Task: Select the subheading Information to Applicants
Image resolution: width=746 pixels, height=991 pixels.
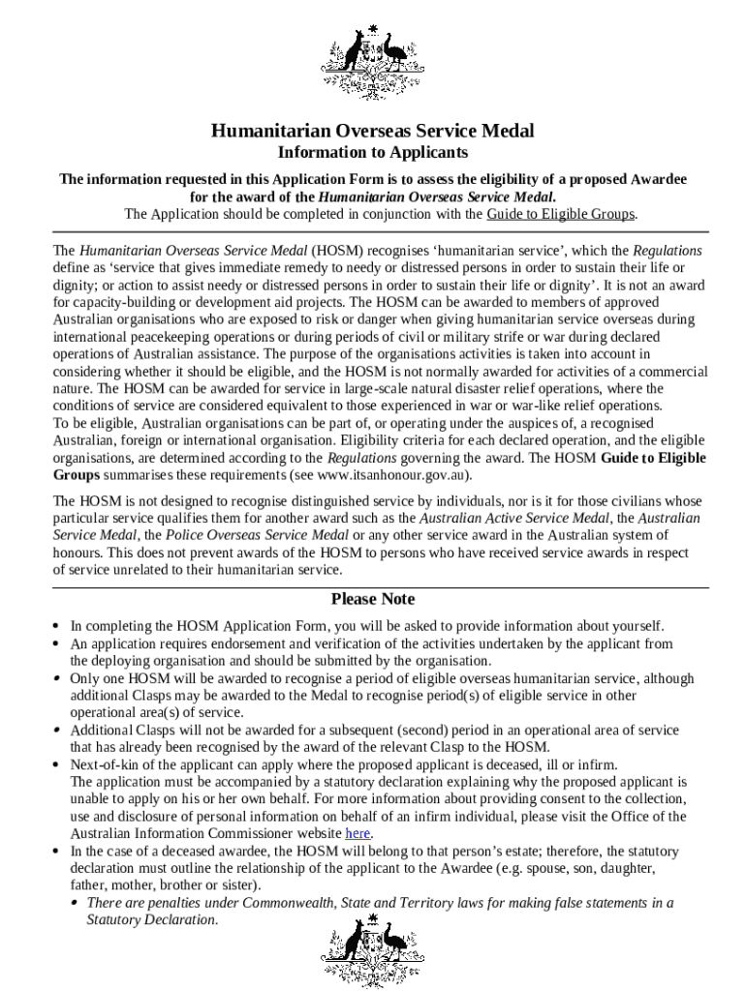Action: point(373,153)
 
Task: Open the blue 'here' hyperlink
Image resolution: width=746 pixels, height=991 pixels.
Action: point(357,833)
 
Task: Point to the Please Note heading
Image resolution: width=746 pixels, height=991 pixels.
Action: point(373,599)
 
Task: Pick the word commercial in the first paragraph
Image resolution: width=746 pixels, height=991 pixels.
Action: point(671,372)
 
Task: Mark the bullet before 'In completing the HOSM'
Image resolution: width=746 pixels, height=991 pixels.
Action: point(57,626)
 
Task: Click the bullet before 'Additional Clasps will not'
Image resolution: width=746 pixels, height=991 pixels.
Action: point(57,731)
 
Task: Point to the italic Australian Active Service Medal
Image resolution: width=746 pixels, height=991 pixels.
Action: point(513,518)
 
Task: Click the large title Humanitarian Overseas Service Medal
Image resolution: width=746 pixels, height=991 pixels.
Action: point(373,131)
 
